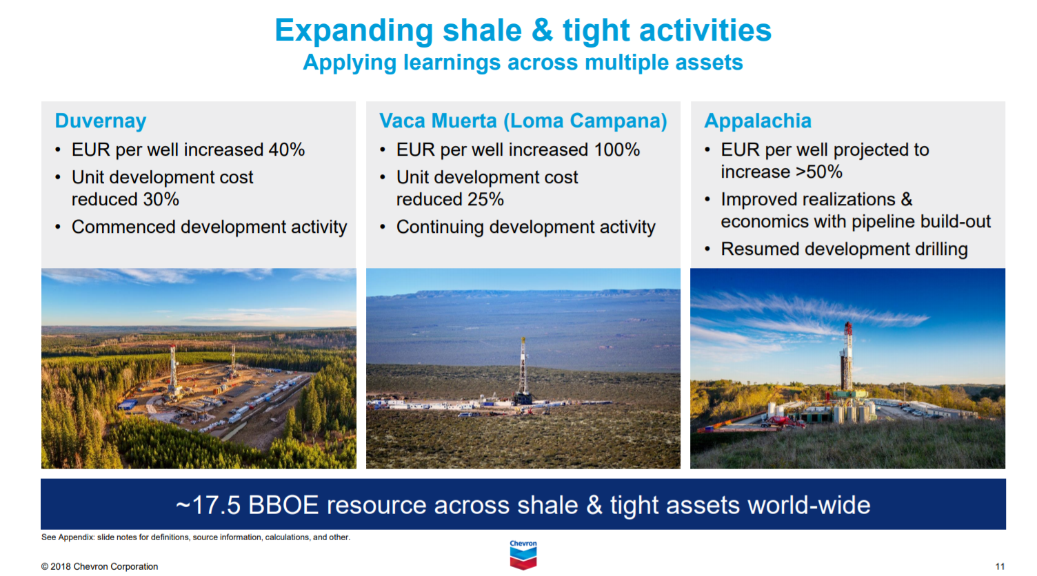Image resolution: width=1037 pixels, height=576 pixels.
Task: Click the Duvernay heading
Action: pyautogui.click(x=101, y=121)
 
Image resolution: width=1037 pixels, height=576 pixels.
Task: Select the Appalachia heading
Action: pyautogui.click(x=757, y=121)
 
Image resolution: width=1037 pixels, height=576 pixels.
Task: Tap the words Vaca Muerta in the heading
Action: pyautogui.click(x=438, y=121)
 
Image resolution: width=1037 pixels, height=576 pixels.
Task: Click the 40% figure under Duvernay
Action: pyautogui.click(x=286, y=150)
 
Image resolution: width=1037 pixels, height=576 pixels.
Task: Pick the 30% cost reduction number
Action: pyautogui.click(x=161, y=200)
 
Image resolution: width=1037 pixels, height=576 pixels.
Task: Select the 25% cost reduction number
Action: pyautogui.click(x=485, y=200)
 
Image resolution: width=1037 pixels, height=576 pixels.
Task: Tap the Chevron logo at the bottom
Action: pyautogui.click(x=523, y=555)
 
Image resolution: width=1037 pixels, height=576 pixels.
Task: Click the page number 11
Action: pyautogui.click(x=1000, y=566)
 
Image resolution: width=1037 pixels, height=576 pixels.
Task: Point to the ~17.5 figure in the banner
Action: pyautogui.click(x=208, y=506)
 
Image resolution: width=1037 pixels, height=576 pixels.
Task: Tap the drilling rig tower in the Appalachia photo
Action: pyautogui.click(x=847, y=358)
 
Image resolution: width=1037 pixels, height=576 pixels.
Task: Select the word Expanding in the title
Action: pyautogui.click(x=354, y=31)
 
